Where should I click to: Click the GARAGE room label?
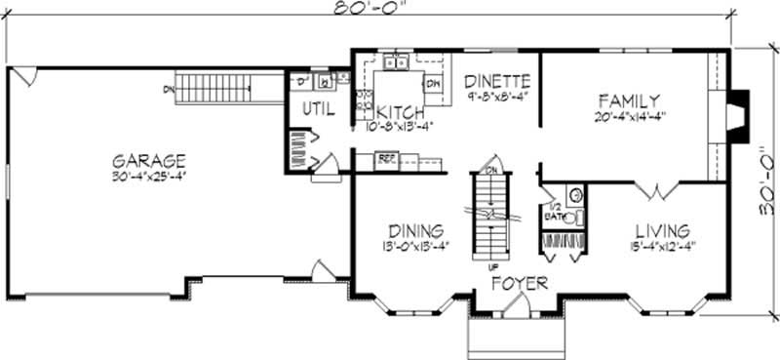click(148, 160)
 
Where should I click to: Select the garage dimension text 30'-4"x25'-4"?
click(148, 176)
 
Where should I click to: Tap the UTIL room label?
click(313, 109)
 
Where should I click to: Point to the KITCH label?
click(400, 110)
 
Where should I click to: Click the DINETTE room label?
click(496, 81)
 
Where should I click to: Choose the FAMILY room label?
click(629, 100)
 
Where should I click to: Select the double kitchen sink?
click(396, 64)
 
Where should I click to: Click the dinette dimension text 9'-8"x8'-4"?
click(496, 97)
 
